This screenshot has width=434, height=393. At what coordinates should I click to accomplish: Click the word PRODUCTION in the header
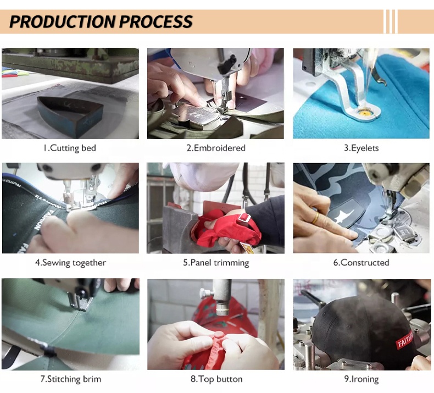[62, 21]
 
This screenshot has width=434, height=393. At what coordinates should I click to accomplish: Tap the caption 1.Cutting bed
[70, 148]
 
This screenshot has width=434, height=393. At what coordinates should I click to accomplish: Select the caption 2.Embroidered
[216, 148]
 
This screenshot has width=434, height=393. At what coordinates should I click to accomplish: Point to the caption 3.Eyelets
[361, 148]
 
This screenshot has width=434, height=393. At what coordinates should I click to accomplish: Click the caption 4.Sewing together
[70, 263]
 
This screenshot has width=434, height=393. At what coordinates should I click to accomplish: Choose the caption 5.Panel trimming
[216, 263]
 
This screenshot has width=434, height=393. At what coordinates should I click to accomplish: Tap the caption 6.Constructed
[361, 263]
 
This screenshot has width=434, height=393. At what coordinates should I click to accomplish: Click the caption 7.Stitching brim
[71, 379]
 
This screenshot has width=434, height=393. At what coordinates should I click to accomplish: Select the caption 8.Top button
[216, 379]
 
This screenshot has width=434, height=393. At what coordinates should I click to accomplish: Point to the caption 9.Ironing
[361, 379]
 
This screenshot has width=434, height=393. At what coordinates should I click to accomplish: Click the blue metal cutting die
[70, 115]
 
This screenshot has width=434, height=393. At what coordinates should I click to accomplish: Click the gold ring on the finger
[315, 218]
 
